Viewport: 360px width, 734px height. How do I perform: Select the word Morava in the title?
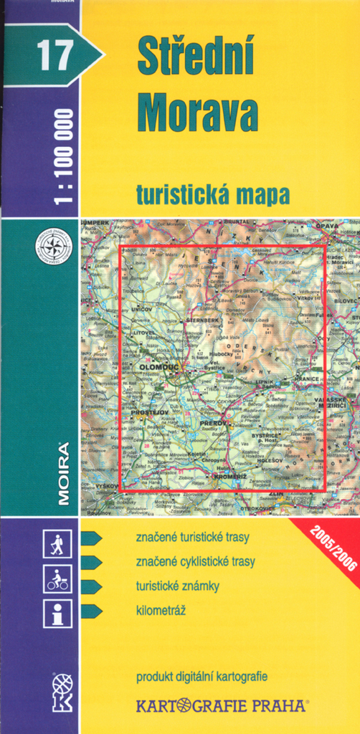coord(197,113)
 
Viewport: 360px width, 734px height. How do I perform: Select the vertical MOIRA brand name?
coord(63,474)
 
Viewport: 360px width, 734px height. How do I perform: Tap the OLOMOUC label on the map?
coord(157,367)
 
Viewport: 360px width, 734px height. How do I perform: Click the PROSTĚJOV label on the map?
coord(148,413)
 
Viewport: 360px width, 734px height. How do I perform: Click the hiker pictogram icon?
coord(57,544)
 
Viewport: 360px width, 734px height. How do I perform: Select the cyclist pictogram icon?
coord(57,578)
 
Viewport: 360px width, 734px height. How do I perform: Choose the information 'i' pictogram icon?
coord(57,614)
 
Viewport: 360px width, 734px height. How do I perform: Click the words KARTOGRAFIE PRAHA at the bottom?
coord(222,706)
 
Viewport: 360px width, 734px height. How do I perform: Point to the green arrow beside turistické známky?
coord(91,586)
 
